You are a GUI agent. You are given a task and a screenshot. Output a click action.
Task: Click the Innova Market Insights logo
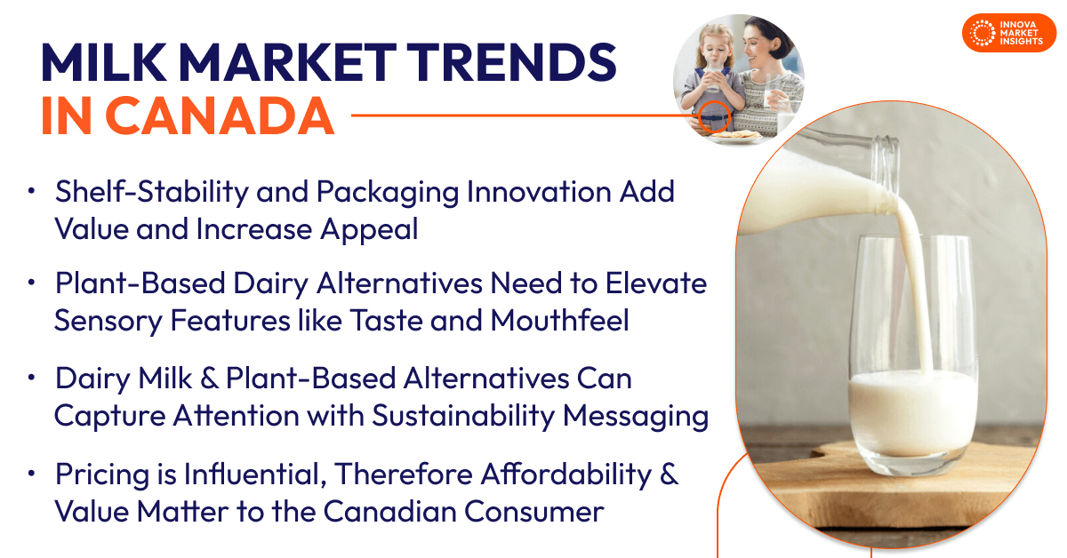(1008, 32)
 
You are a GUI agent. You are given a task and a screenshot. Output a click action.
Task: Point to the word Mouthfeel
(559, 320)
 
